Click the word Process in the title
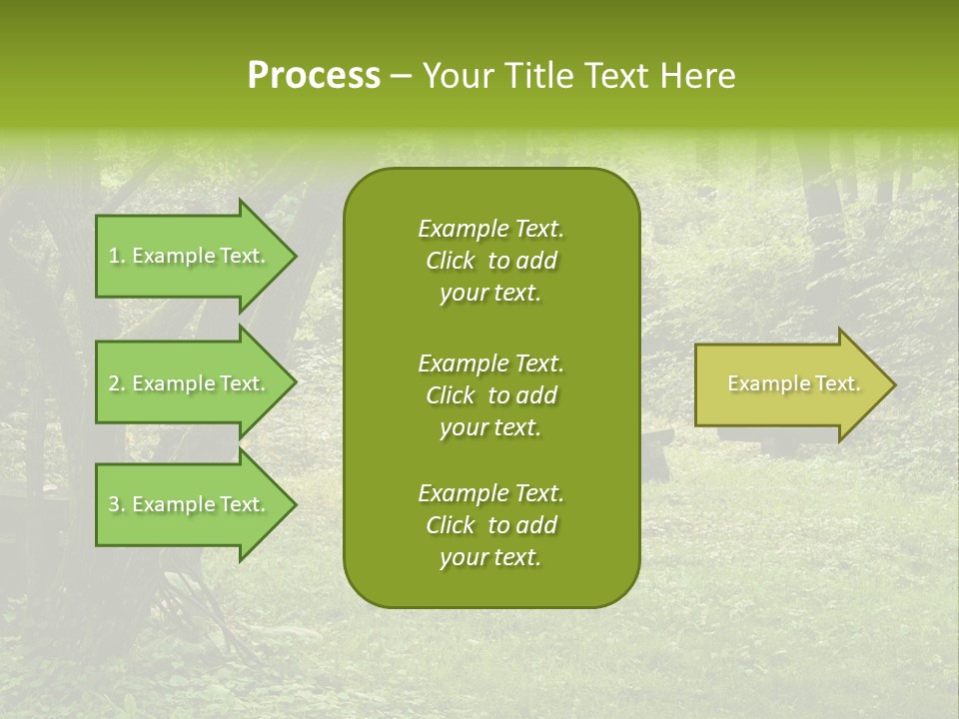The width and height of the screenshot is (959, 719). pos(314,76)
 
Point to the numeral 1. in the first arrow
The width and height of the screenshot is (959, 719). pos(117,256)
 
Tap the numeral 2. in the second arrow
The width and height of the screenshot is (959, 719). pos(117,383)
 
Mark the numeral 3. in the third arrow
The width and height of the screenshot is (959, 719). pos(117,504)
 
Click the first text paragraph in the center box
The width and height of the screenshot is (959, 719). pos(490,261)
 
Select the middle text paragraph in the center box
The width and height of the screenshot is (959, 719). pos(490,395)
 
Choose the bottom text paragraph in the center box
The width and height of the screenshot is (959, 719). pos(490,525)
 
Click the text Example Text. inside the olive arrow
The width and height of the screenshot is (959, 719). pos(793,383)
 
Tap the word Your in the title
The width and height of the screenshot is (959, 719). pos(459,76)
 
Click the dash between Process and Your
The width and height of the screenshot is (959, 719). pos(401,77)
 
